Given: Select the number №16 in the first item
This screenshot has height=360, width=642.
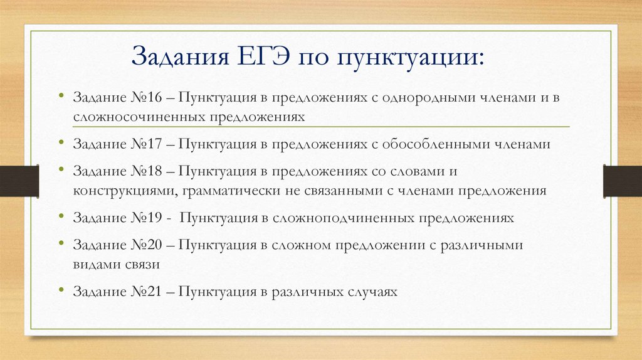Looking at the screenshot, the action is coord(147,97).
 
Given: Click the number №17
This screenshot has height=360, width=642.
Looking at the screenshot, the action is coord(147,144).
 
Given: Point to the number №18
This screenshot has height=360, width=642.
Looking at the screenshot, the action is coord(147,171).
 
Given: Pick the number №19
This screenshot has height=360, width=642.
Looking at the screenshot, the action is coord(147,218).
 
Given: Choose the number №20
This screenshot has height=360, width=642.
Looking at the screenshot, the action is coord(147,245).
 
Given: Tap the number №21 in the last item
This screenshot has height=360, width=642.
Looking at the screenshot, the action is coord(147,291).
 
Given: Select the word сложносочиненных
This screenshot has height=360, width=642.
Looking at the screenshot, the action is coord(140,117).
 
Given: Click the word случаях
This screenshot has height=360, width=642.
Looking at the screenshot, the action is coord(372,292).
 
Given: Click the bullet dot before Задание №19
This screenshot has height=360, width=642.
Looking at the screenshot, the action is coord(61,215).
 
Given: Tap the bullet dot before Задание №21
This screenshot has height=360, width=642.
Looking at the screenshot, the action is coord(61,289).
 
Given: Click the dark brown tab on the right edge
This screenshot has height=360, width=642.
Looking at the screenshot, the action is coord(623,181).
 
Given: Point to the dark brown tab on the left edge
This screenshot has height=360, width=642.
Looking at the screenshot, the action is coord(19,181).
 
